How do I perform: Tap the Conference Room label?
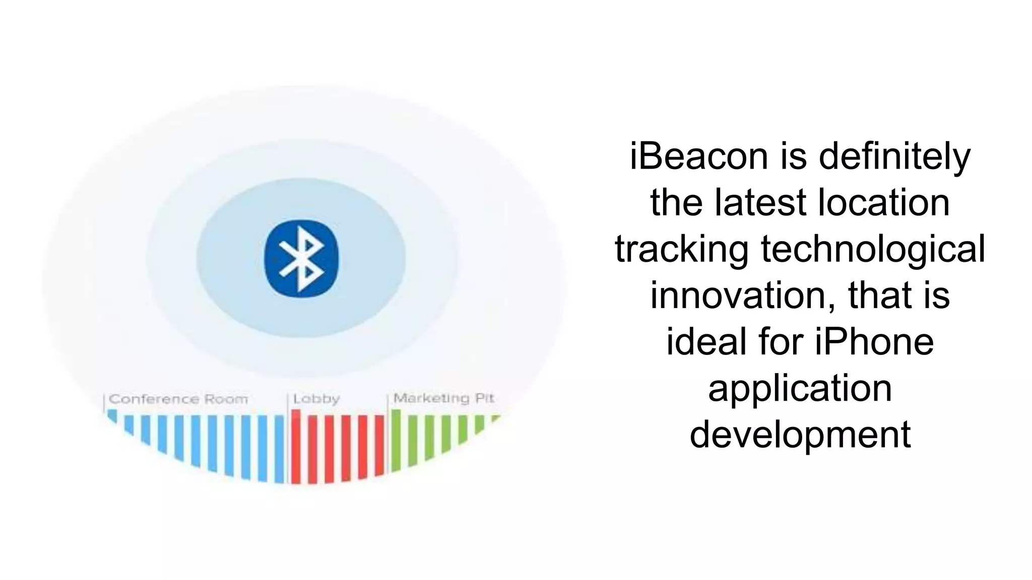click(178, 399)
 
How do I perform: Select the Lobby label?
click(316, 399)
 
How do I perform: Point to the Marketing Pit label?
click(443, 398)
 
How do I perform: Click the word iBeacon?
click(698, 156)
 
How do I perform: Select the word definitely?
click(894, 156)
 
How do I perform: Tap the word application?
click(800, 388)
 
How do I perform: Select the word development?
click(800, 434)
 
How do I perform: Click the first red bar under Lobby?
click(296, 446)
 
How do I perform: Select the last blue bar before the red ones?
click(279, 448)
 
